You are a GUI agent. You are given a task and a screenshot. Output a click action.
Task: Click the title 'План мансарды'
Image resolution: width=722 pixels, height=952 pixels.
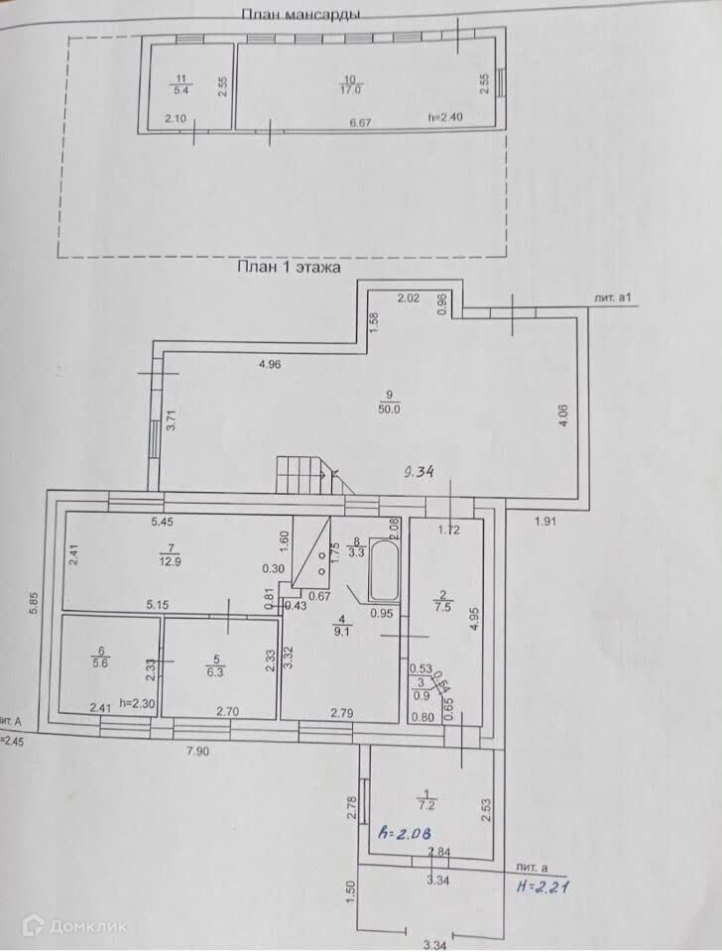pos(301,14)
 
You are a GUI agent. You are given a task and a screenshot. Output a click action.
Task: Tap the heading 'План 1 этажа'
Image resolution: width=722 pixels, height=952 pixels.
pos(288,267)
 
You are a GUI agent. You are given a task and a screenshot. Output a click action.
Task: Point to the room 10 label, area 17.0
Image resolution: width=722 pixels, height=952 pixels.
pos(349,83)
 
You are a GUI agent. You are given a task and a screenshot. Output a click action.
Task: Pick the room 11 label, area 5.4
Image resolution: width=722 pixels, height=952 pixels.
pos(180,83)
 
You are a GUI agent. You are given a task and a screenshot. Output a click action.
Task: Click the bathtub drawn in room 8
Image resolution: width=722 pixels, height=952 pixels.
pos(384,570)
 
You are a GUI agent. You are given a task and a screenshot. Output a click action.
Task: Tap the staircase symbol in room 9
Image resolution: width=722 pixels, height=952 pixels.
pos(305,474)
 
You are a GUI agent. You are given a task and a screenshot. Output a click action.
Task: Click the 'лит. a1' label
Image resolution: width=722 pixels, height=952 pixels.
pos(612,297)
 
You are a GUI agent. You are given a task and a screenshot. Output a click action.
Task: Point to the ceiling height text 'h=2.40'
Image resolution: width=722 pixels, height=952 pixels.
pos(445,117)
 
